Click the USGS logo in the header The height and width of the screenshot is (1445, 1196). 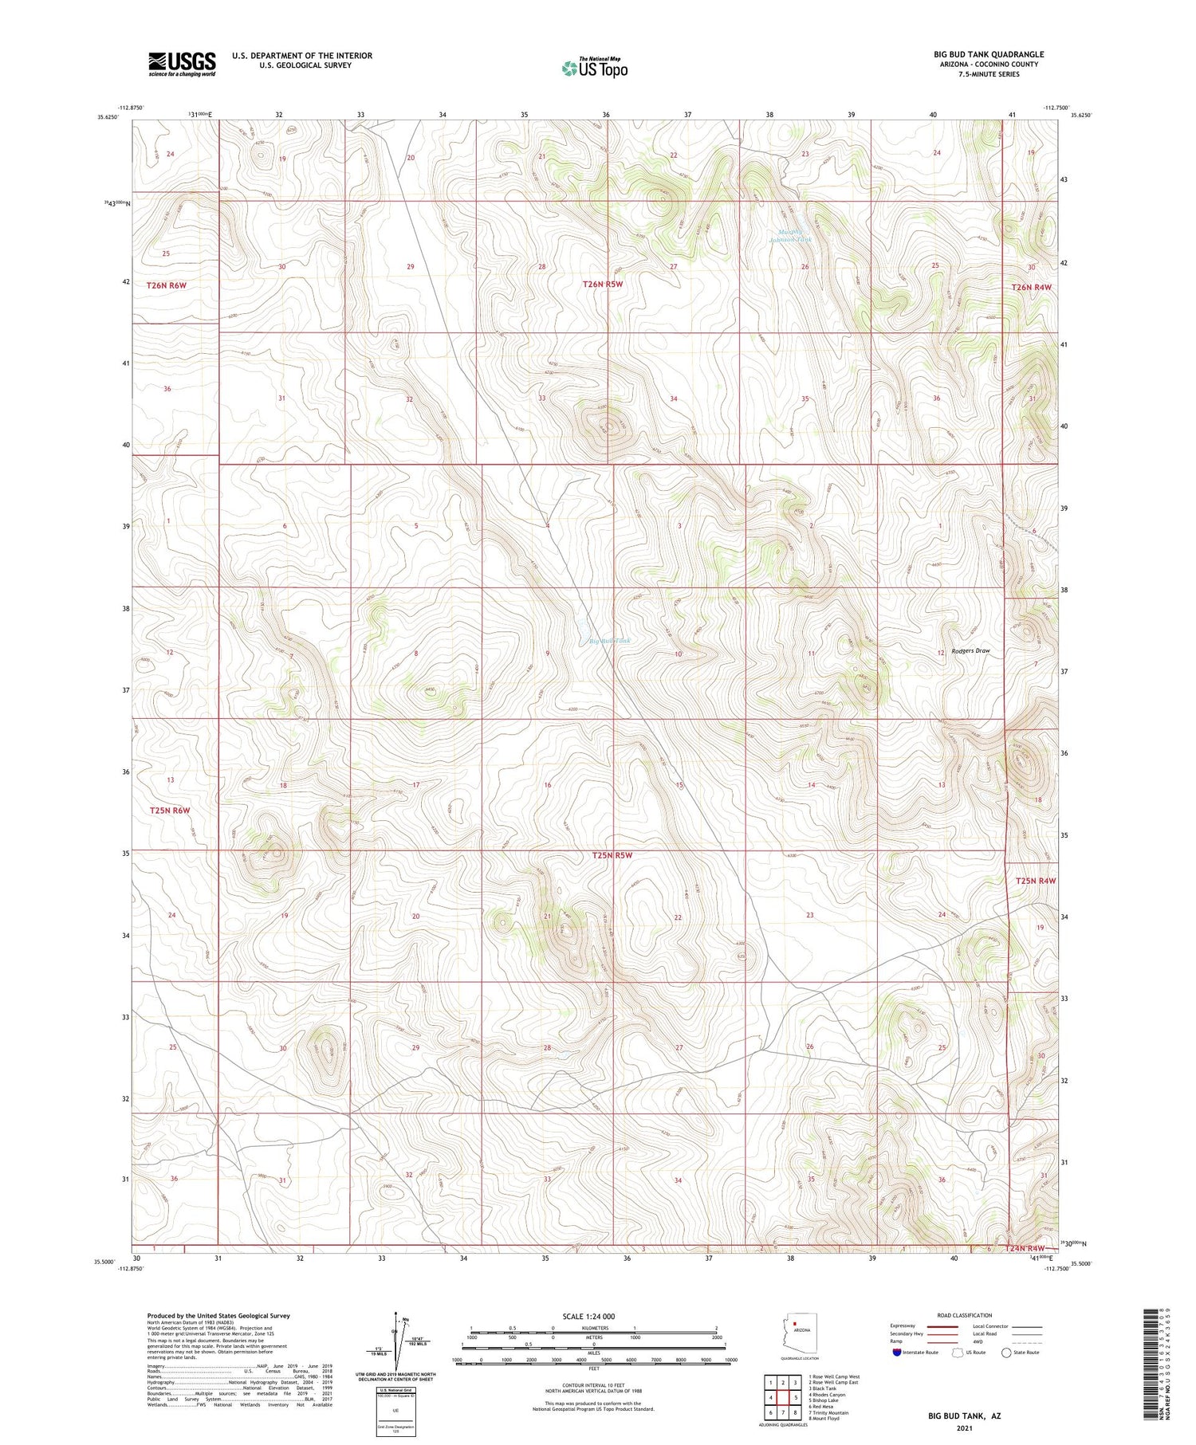click(x=182, y=64)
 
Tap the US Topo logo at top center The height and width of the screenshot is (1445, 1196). click(x=595, y=69)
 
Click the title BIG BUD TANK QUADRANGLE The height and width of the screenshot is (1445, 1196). click(x=988, y=54)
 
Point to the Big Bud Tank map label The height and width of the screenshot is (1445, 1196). click(x=610, y=641)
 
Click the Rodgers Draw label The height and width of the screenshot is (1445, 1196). click(x=970, y=651)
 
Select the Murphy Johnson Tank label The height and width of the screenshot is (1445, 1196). click(x=790, y=236)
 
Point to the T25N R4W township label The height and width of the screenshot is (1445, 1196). click(x=1036, y=881)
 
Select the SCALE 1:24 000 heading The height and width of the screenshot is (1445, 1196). click(x=588, y=1316)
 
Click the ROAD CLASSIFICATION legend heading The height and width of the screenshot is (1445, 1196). click(x=964, y=1315)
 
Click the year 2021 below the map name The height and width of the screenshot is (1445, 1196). click(x=964, y=1428)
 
